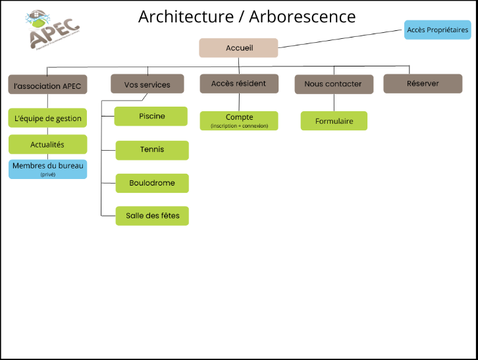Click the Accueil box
(x=238, y=48)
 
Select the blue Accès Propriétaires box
(x=437, y=30)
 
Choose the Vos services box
(x=147, y=84)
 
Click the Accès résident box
(x=238, y=84)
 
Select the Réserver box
(x=423, y=84)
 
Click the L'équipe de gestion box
(x=47, y=118)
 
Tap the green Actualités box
(x=47, y=144)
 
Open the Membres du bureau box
(x=47, y=169)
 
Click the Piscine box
(x=151, y=116)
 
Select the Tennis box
(x=152, y=150)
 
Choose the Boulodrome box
(x=152, y=183)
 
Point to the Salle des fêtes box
(x=152, y=216)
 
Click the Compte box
(x=239, y=120)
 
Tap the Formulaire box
(x=334, y=121)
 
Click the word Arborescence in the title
(x=302, y=16)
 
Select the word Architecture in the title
(x=186, y=16)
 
